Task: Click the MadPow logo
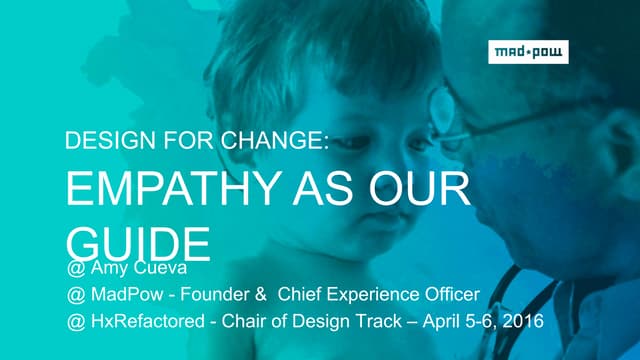tap(528, 52)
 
